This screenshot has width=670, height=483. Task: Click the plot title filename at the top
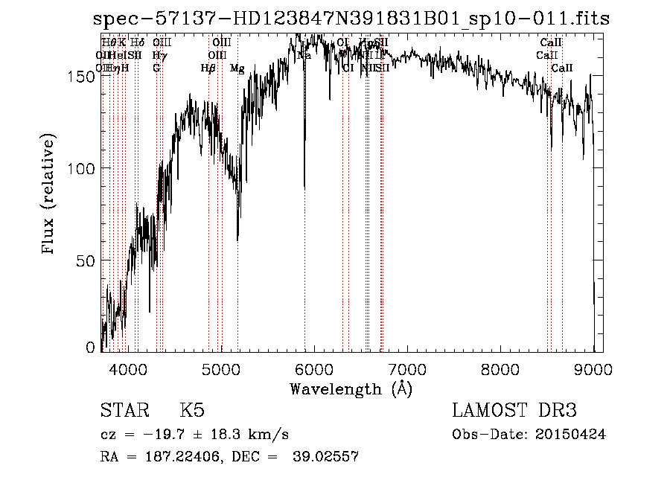(x=351, y=19)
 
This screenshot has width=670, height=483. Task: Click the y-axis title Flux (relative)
(x=50, y=195)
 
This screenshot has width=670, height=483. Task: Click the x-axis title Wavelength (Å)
(x=351, y=389)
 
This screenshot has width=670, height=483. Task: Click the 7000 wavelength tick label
(x=407, y=368)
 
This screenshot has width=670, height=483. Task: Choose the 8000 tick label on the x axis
(x=500, y=368)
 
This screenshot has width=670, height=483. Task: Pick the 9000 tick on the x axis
(x=593, y=368)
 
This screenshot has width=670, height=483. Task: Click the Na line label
(x=304, y=56)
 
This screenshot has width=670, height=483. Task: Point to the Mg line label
(x=237, y=68)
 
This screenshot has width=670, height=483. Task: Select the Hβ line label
(x=208, y=68)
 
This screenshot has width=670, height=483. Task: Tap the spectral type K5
(x=192, y=412)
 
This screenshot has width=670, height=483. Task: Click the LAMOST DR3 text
(x=514, y=412)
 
